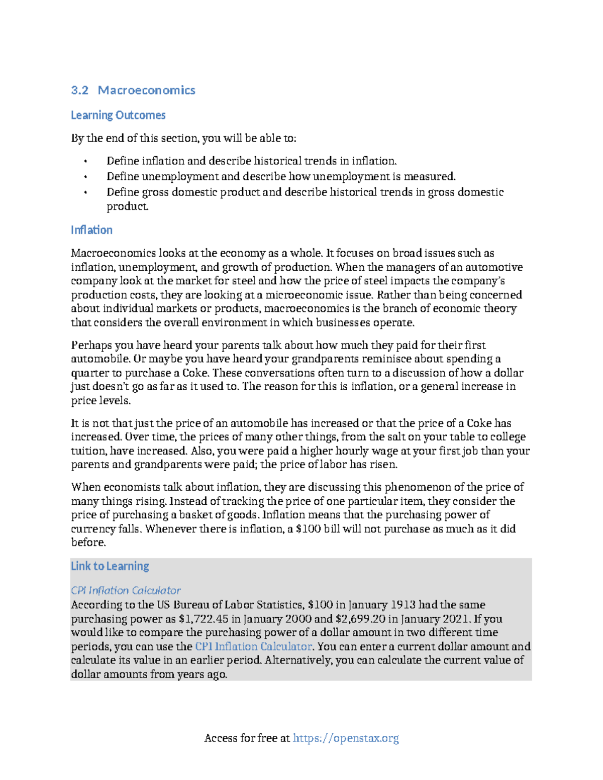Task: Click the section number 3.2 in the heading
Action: click(x=79, y=90)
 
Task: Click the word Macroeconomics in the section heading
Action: click(x=146, y=90)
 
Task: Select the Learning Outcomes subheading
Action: click(x=118, y=115)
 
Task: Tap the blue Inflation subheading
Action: click(x=91, y=230)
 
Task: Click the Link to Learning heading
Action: click(x=110, y=566)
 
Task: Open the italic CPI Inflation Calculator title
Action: click(x=126, y=591)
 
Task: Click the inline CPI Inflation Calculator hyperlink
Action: click(x=253, y=646)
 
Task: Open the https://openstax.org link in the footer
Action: click(x=346, y=738)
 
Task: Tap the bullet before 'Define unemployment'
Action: click(x=85, y=177)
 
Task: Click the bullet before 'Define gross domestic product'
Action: click(x=85, y=192)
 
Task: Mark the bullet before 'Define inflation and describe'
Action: click(x=85, y=161)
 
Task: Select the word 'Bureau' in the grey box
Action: click(x=190, y=605)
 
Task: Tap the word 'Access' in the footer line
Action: click(x=221, y=738)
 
